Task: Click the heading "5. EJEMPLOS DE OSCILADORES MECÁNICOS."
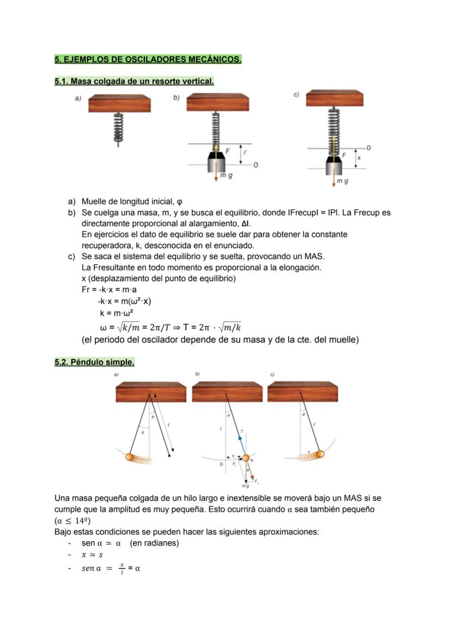(x=148, y=59)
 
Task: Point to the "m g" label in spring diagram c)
(x=342, y=181)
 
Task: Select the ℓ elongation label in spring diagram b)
(x=245, y=154)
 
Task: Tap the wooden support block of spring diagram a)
(x=120, y=103)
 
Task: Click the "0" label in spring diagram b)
(x=255, y=165)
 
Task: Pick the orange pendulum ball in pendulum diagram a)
(x=131, y=457)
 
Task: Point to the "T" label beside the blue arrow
(x=241, y=430)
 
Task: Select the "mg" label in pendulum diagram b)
(x=245, y=486)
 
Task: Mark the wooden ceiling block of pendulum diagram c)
(x=302, y=392)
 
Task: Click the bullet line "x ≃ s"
(x=92, y=555)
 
